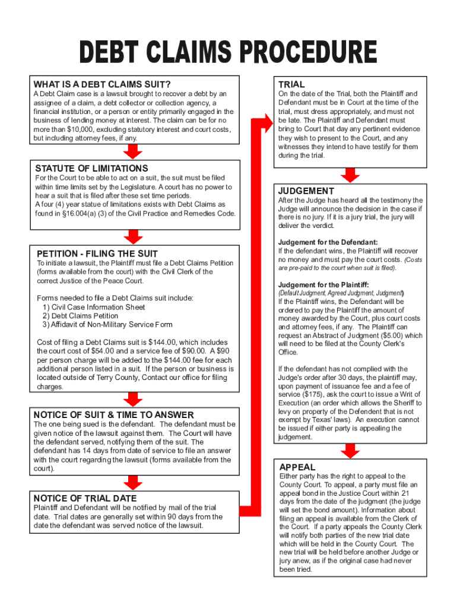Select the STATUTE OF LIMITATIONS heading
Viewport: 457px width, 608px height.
tap(91, 168)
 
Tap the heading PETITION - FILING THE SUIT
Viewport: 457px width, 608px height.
tap(97, 254)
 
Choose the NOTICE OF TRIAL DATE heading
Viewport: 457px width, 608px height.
tap(85, 498)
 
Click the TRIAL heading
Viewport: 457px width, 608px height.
tap(291, 84)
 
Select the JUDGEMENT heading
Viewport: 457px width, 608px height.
tap(306, 191)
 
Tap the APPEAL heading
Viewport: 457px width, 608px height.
tap(297, 467)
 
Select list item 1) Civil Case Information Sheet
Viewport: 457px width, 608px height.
tap(94, 307)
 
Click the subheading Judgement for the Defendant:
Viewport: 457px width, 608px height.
tap(328, 242)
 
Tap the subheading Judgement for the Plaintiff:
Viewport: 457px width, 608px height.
tap(323, 285)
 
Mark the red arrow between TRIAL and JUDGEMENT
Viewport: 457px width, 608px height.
tap(351, 175)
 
